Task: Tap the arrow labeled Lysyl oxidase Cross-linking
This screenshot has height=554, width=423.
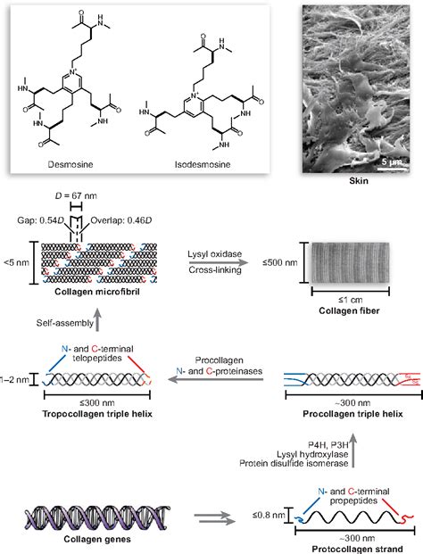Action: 224,268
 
